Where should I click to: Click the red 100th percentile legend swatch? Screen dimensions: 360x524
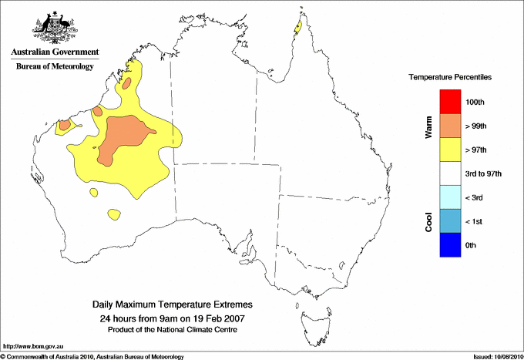tap(451, 102)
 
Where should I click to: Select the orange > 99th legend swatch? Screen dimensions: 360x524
tap(451, 126)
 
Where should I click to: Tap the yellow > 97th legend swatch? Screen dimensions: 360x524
tap(451, 150)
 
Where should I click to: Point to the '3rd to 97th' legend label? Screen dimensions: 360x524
tap(484, 173)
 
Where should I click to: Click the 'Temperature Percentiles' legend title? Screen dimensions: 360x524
tap(450, 79)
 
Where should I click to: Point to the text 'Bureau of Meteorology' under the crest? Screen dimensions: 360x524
tap(55, 66)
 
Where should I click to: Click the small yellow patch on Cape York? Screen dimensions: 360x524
tap(297, 29)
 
